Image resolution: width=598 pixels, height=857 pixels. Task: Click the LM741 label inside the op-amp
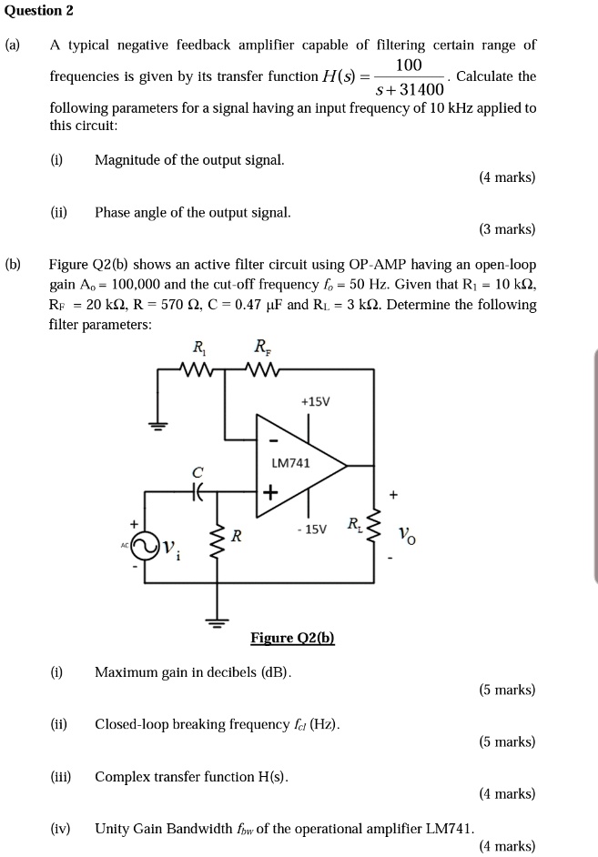pyautogui.click(x=292, y=463)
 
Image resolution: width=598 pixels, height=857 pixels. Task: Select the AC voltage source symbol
pyautogui.click(x=146, y=547)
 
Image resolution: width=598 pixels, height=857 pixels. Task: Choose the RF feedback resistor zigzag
pyautogui.click(x=263, y=369)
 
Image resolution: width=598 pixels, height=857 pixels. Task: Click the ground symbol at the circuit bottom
pyautogui.click(x=217, y=622)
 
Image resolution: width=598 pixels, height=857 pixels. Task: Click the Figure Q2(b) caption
pyautogui.click(x=292, y=639)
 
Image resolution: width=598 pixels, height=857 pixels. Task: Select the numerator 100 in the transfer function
pyautogui.click(x=410, y=66)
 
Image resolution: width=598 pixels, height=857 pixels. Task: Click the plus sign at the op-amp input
pyautogui.click(x=269, y=493)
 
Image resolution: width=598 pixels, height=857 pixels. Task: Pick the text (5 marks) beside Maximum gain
pyautogui.click(x=507, y=690)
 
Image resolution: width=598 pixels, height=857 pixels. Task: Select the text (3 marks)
pyautogui.click(x=507, y=229)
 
